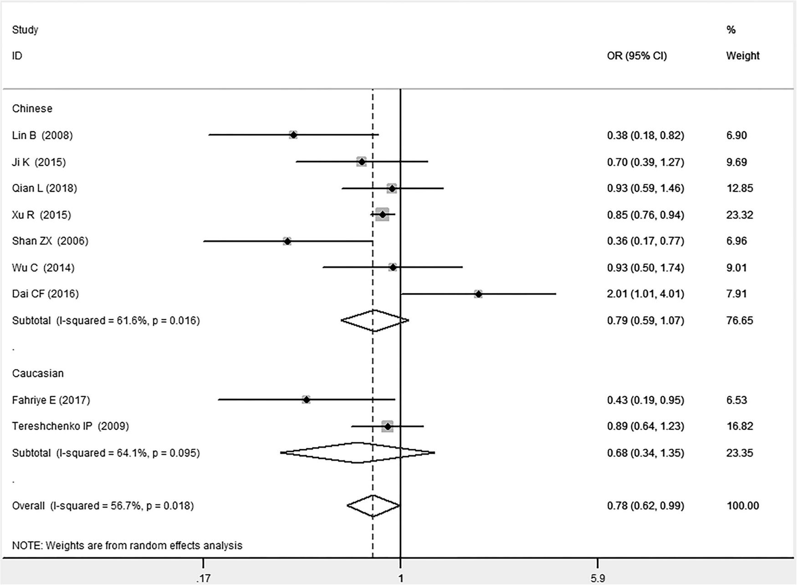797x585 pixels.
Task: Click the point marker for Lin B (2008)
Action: click(293, 135)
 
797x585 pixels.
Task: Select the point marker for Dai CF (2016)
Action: click(478, 294)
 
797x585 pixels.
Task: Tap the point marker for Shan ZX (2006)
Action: click(287, 241)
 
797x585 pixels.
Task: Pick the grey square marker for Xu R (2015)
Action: click(382, 215)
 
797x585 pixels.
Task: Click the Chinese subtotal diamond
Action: click(374, 321)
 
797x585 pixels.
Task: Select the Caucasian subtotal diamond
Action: click(358, 453)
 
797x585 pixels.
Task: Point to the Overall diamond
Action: click(373, 506)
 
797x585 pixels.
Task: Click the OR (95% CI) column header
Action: click(636, 56)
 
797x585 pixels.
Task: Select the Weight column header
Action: click(742, 56)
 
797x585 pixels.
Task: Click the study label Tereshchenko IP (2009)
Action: click(70, 426)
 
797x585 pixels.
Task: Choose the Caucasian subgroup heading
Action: click(38, 373)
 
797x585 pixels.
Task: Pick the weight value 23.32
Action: click(739, 215)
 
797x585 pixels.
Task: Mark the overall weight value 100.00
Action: click(742, 506)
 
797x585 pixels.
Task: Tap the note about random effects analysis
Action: click(127, 545)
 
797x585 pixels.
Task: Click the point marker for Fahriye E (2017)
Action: click(306, 400)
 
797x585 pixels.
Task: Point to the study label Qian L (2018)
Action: click(45, 188)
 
